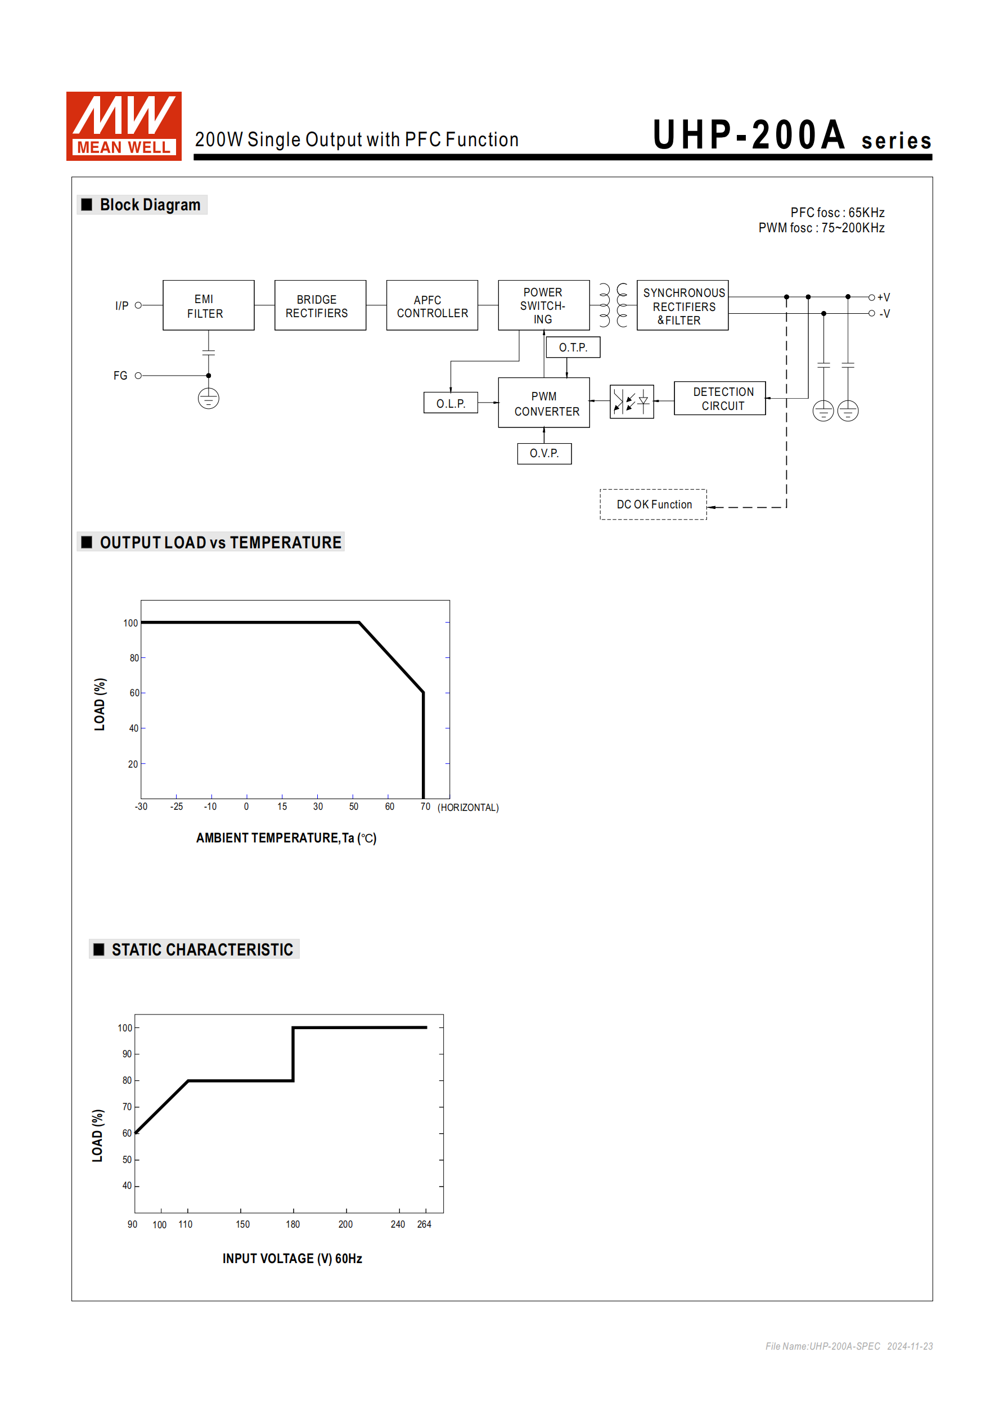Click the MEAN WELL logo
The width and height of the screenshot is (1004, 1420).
pyautogui.click(x=124, y=126)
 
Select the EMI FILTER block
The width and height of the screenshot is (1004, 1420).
pyautogui.click(x=208, y=305)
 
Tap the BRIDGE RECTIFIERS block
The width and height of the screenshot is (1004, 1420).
pyautogui.click(x=320, y=305)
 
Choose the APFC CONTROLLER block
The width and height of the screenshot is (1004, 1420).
pyautogui.click(x=432, y=305)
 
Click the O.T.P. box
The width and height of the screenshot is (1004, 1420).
pyautogui.click(x=573, y=348)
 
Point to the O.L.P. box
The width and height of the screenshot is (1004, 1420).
pyautogui.click(x=451, y=403)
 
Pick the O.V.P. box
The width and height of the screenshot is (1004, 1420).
pyautogui.click(x=544, y=453)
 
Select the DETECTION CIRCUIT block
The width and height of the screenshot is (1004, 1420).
pyautogui.click(x=719, y=398)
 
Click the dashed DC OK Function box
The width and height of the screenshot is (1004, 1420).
pyautogui.click(x=653, y=504)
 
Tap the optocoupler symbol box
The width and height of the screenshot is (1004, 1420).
pyautogui.click(x=631, y=402)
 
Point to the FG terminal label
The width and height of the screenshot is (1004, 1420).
pyautogui.click(x=120, y=376)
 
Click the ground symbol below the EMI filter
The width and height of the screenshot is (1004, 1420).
pyautogui.click(x=209, y=398)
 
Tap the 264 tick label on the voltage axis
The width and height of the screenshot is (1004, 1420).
pyautogui.click(x=424, y=1224)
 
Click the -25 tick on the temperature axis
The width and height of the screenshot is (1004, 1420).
pyautogui.click(x=176, y=806)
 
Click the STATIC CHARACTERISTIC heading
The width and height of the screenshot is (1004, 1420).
pyautogui.click(x=202, y=949)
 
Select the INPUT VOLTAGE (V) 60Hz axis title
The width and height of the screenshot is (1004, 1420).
pyautogui.click(x=292, y=1259)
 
